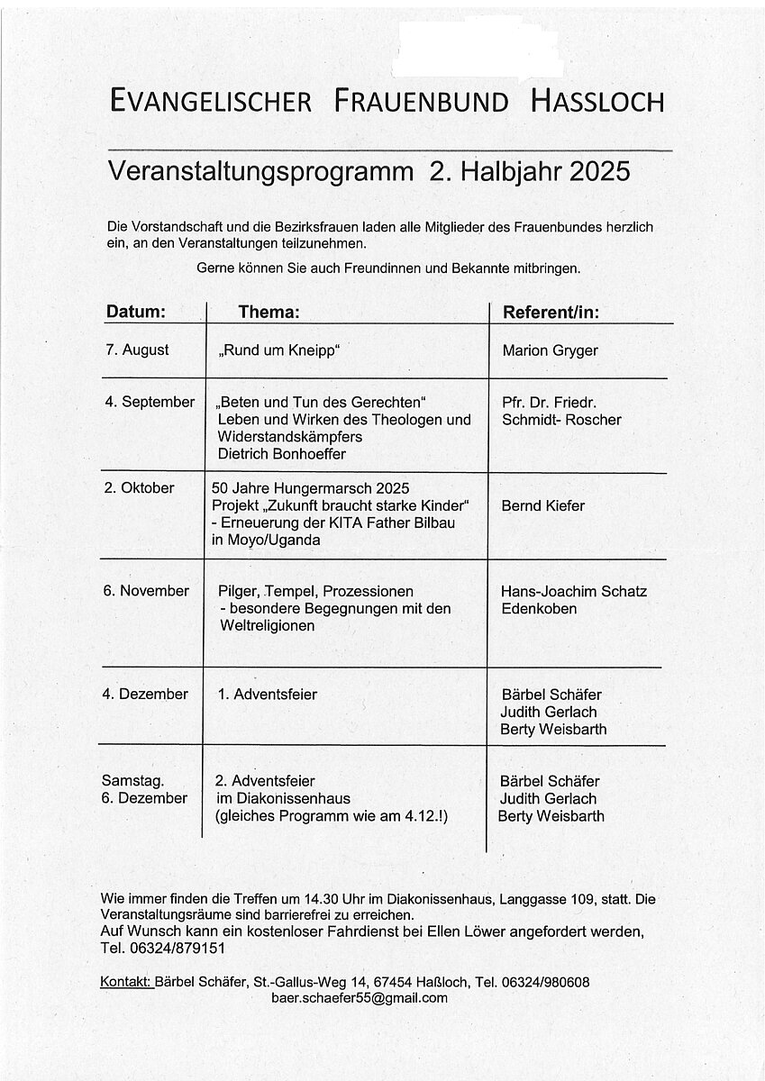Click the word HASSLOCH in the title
click(597, 101)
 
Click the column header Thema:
click(268, 312)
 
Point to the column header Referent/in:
click(551, 312)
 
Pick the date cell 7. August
click(137, 350)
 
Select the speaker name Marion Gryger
click(550, 350)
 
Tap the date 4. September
click(150, 402)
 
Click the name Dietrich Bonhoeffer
click(280, 453)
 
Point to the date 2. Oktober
click(140, 487)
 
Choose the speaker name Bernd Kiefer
click(543, 505)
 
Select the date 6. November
click(148, 591)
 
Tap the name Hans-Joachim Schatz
click(574, 591)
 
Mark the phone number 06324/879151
click(177, 949)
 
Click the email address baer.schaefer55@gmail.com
click(359, 998)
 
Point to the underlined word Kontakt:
click(126, 981)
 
